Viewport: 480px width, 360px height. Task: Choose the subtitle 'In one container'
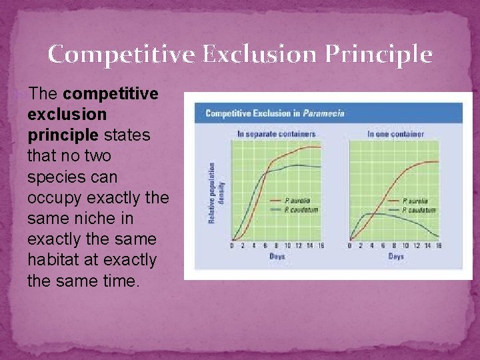coord(395,134)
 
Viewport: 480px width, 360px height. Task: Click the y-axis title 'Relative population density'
coord(216,193)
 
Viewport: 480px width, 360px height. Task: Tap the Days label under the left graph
coord(277,257)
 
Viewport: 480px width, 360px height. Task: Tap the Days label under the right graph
coord(395,257)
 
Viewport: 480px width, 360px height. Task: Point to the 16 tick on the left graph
coord(321,246)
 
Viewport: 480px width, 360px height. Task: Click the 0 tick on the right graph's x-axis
coord(350,246)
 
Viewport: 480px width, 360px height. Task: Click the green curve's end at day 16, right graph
coord(439,236)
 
